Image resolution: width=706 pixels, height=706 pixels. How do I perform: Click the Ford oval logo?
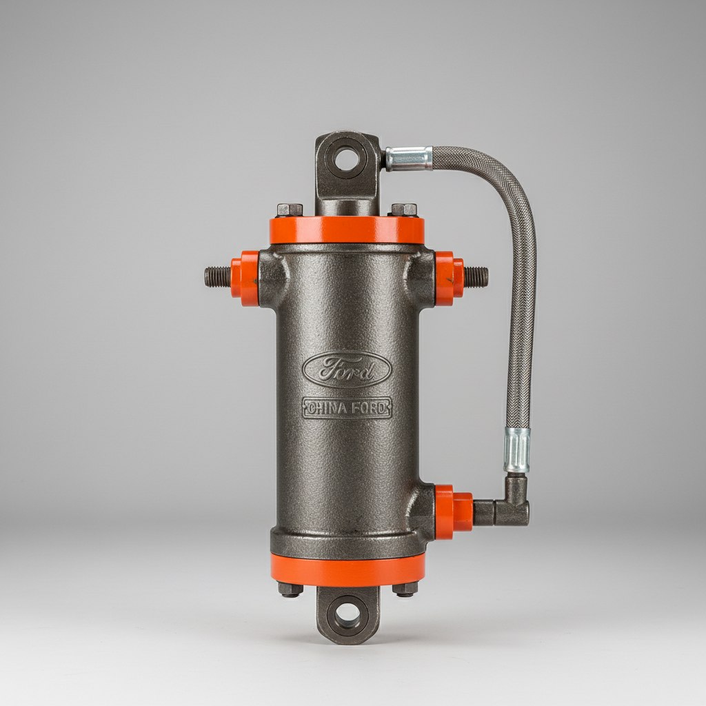pyautogui.click(x=347, y=370)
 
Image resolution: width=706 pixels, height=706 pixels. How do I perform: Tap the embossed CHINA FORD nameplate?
pyautogui.click(x=347, y=408)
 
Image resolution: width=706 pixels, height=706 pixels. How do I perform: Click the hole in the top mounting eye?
pyautogui.click(x=347, y=158)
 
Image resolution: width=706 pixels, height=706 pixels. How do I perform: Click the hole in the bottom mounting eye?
pyautogui.click(x=347, y=612)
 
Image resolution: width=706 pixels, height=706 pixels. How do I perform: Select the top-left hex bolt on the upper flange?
pyautogui.click(x=290, y=210)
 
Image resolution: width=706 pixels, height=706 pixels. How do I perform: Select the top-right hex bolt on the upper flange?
pyautogui.click(x=404, y=210)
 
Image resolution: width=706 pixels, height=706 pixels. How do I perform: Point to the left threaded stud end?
pyautogui.click(x=217, y=277)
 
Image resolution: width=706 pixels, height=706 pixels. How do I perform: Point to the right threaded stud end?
pyautogui.click(x=476, y=277)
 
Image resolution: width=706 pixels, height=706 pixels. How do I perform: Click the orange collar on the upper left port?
pyautogui.click(x=245, y=278)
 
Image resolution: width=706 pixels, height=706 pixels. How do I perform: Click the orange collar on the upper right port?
pyautogui.click(x=448, y=278)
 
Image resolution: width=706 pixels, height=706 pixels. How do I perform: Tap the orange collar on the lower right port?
pyautogui.click(x=453, y=512)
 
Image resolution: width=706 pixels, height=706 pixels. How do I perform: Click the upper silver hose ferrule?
pyautogui.click(x=408, y=159)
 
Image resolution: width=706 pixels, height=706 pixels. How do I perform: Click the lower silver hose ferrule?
pyautogui.click(x=516, y=450)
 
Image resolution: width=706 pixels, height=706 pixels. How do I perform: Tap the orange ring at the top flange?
pyautogui.click(x=347, y=230)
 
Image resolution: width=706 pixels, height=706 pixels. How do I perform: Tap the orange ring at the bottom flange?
pyautogui.click(x=347, y=569)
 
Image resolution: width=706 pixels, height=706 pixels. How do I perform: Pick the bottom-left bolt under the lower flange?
pyautogui.click(x=290, y=589)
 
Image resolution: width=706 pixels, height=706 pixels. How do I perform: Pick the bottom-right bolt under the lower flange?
pyautogui.click(x=405, y=589)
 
